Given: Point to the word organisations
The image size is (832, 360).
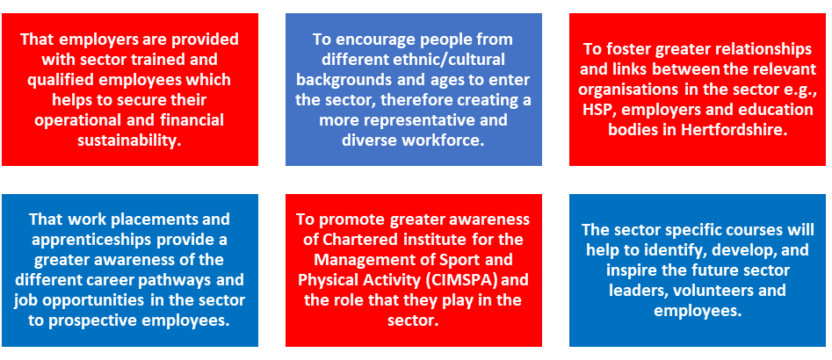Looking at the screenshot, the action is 617,89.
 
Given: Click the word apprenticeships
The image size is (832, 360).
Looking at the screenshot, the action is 80,239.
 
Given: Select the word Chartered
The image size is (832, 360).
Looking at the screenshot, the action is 351,240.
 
